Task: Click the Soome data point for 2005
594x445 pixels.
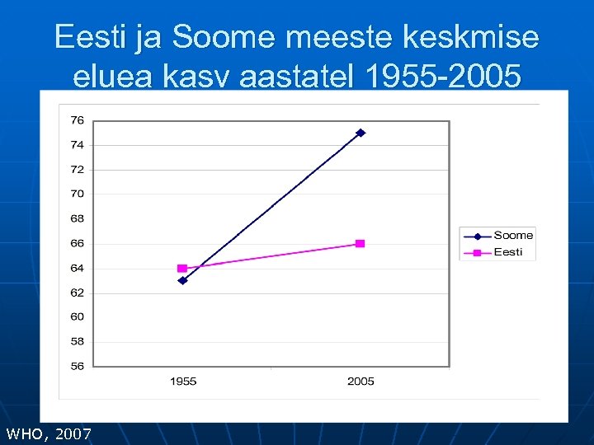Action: pos(361,133)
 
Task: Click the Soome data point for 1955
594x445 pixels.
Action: pos(182,280)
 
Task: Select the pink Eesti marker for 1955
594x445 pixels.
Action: pos(182,269)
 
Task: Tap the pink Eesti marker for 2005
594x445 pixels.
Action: pos(361,244)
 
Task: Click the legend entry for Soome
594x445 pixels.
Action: pos(513,236)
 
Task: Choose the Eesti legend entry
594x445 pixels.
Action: pos(508,252)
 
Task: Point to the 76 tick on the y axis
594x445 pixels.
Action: pos(77,120)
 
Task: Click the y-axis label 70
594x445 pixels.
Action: pos(77,194)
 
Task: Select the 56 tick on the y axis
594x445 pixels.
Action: pos(77,366)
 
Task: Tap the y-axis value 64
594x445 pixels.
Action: pos(77,268)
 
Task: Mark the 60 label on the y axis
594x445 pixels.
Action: pos(77,316)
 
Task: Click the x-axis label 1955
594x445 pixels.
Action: pos(182,382)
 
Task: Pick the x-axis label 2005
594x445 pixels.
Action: pos(361,382)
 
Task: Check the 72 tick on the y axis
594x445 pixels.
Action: pos(77,170)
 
